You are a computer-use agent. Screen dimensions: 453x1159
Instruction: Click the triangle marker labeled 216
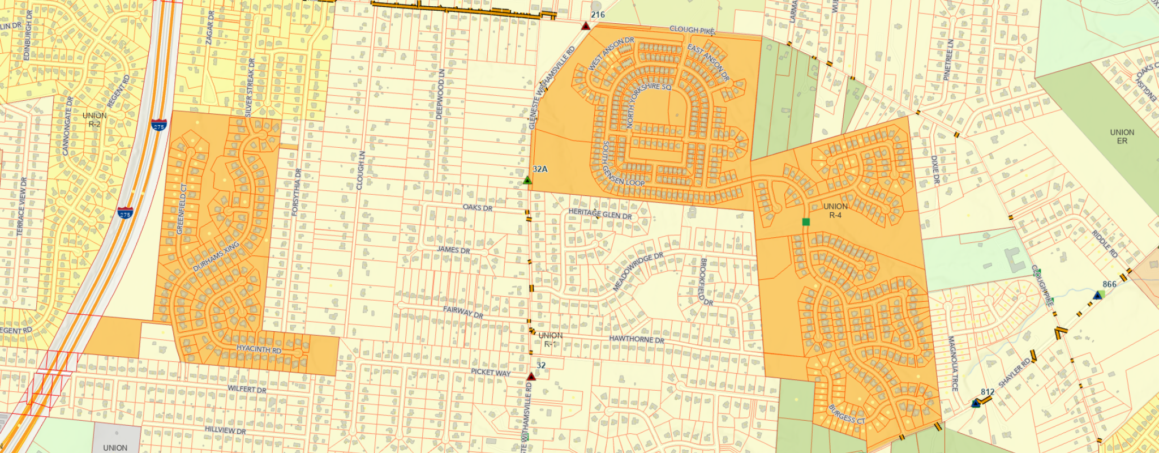[586, 26]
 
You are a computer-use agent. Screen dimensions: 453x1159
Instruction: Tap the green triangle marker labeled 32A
[527, 180]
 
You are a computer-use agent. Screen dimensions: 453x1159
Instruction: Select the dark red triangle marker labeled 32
[531, 377]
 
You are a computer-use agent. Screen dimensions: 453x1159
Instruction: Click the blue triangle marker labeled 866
[1098, 295]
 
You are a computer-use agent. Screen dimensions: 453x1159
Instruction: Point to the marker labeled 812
[976, 403]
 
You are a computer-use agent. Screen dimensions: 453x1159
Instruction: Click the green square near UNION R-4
[806, 222]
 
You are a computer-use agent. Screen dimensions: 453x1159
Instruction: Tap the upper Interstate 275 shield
[158, 126]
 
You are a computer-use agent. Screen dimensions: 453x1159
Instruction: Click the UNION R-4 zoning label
[835, 211]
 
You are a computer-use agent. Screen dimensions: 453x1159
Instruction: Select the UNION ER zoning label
[1122, 136]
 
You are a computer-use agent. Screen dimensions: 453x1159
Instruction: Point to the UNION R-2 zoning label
[95, 119]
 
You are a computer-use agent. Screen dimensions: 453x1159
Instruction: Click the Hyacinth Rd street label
[259, 349]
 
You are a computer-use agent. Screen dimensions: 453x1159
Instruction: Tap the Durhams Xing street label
[216, 257]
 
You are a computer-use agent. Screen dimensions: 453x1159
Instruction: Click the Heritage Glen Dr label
[600, 213]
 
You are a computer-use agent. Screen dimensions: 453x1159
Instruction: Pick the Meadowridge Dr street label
[638, 272]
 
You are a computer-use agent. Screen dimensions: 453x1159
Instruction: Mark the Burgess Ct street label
[847, 414]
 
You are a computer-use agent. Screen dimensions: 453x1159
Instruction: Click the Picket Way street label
[491, 372]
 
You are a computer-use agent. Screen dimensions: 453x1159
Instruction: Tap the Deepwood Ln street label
[440, 94]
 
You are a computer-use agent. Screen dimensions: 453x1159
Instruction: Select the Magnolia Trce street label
[954, 363]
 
